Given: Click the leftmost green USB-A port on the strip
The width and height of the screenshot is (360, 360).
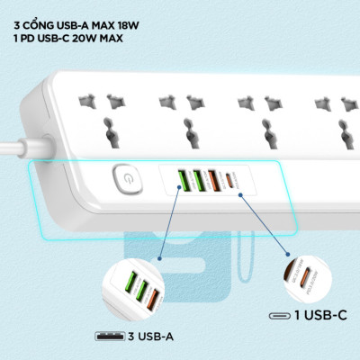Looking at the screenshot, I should click(x=182, y=180).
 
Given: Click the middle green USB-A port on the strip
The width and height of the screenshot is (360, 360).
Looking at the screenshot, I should click(x=197, y=180).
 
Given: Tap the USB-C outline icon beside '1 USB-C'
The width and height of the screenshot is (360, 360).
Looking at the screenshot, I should click(x=279, y=315).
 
